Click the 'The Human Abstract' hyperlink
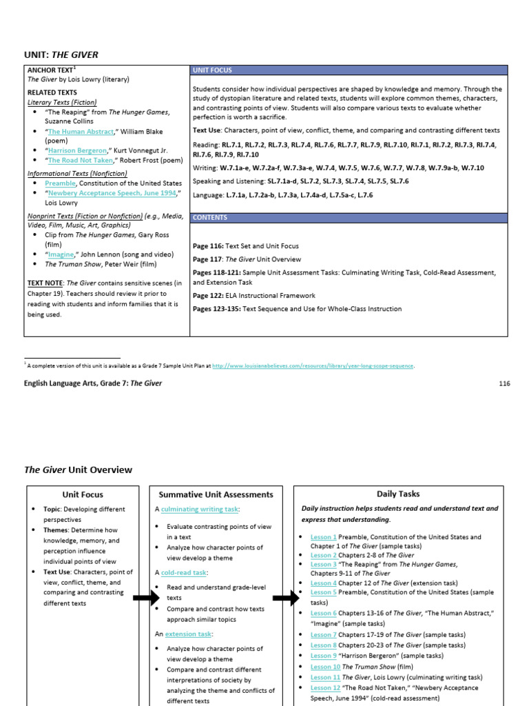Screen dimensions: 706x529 tap(81, 131)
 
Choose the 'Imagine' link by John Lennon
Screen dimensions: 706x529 tap(61, 254)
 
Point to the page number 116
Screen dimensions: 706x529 tap(505, 383)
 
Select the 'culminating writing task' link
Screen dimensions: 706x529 tap(200, 509)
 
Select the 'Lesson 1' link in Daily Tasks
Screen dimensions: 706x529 tap(323, 536)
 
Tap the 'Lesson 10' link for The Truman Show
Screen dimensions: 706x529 tap(325, 667)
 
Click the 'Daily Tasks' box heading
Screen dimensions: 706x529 tap(398, 494)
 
